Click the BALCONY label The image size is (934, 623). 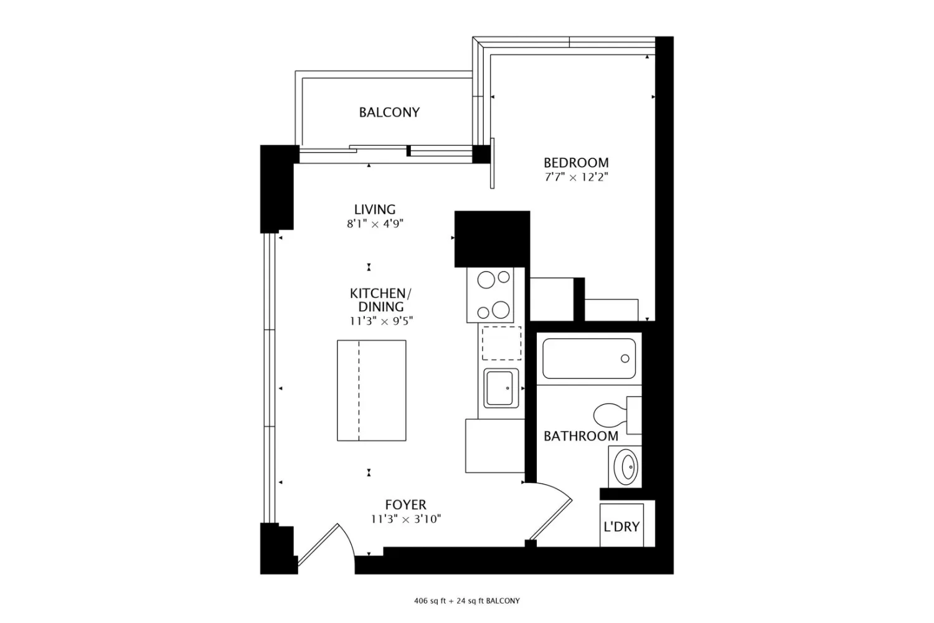[389, 112]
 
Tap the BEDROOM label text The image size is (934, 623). [576, 163]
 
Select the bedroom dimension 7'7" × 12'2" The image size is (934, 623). [576, 177]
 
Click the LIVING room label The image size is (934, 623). [375, 209]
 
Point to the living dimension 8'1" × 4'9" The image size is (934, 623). [375, 224]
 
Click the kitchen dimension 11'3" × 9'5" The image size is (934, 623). [380, 321]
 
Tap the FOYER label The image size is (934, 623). [406, 505]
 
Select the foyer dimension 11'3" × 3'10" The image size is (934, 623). [406, 519]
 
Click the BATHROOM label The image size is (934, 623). [581, 436]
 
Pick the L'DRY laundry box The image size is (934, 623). [621, 525]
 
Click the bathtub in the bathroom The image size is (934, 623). [589, 358]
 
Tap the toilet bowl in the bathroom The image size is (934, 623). [610, 415]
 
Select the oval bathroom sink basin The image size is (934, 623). [626, 467]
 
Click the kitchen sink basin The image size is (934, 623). [501, 388]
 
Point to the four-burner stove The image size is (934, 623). [490, 295]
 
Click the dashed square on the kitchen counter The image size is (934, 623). [502, 343]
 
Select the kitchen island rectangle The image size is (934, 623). [372, 390]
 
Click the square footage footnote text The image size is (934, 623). [466, 601]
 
